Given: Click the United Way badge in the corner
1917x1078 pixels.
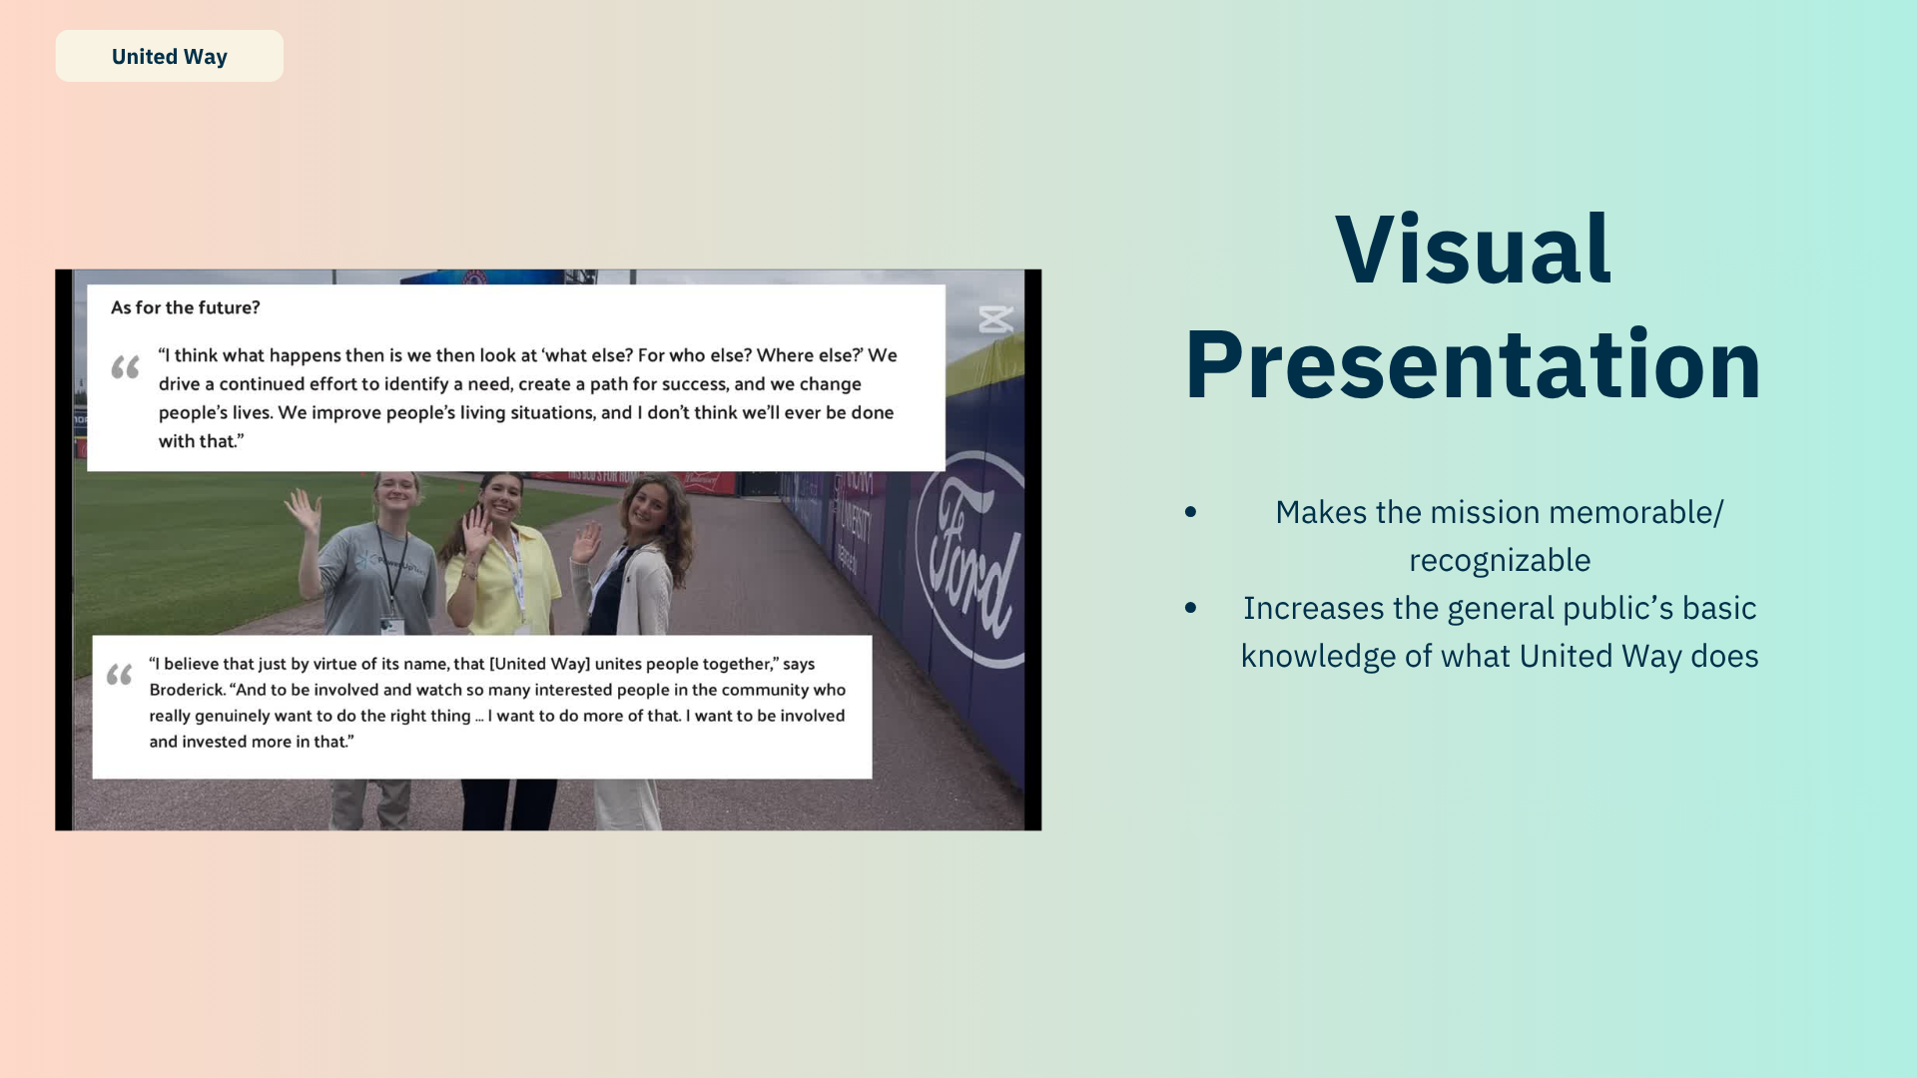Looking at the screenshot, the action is pos(170,56).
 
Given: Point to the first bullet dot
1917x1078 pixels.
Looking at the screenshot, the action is pos(1190,512).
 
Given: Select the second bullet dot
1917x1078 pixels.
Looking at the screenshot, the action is pos(1190,608).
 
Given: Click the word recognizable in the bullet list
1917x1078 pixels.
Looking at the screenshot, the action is pos(1500,561).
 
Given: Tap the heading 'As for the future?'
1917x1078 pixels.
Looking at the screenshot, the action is pos(186,307).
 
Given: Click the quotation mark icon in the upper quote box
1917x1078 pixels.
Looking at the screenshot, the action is pos(125,367).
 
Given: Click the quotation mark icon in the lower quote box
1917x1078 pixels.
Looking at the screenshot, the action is pos(120,676).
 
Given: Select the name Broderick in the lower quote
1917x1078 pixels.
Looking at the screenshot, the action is pos(187,690).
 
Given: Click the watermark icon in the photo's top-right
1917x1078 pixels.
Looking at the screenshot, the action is pos(995,319).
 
